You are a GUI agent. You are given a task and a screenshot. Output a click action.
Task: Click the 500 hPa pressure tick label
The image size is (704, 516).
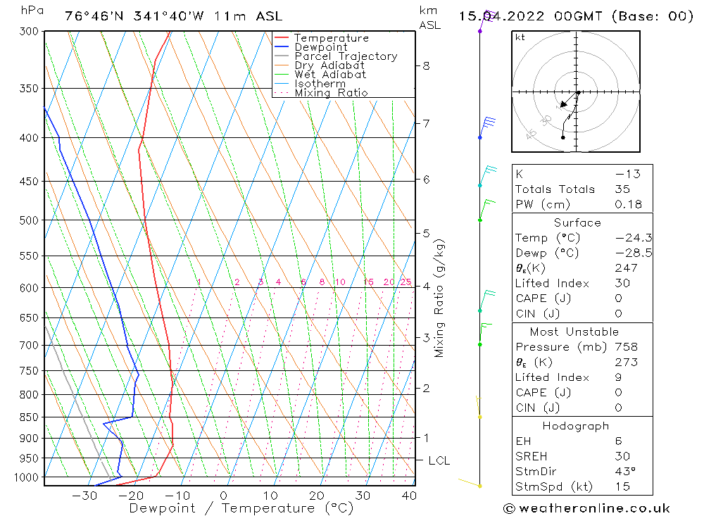tap(29, 220)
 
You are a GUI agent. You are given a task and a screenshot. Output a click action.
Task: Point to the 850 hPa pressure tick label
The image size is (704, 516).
tap(29, 417)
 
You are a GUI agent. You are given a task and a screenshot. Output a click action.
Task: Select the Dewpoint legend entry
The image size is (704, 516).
tap(320, 47)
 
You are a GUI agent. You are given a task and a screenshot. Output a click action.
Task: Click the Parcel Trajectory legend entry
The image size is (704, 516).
tap(346, 56)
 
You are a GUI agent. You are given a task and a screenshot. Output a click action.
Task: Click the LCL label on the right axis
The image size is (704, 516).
tap(439, 461)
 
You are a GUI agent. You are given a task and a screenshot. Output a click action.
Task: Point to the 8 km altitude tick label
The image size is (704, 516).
tap(426, 66)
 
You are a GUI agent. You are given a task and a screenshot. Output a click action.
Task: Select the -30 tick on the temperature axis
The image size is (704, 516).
tap(84, 496)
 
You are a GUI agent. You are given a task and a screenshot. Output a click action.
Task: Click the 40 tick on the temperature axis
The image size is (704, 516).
tap(408, 496)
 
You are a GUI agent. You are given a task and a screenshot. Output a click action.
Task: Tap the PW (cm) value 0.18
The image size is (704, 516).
tap(628, 205)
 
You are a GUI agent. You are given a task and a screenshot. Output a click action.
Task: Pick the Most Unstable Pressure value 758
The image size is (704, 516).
tap(626, 347)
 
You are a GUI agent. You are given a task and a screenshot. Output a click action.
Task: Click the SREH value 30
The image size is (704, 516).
tap(622, 456)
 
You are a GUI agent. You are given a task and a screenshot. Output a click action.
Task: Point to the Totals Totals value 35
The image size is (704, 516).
tap(622, 189)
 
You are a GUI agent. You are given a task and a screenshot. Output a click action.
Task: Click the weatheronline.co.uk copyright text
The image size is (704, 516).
tap(586, 508)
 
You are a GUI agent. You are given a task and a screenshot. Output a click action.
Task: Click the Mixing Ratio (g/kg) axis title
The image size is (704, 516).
tap(440, 298)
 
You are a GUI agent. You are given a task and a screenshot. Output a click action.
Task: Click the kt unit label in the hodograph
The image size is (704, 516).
tap(520, 37)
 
